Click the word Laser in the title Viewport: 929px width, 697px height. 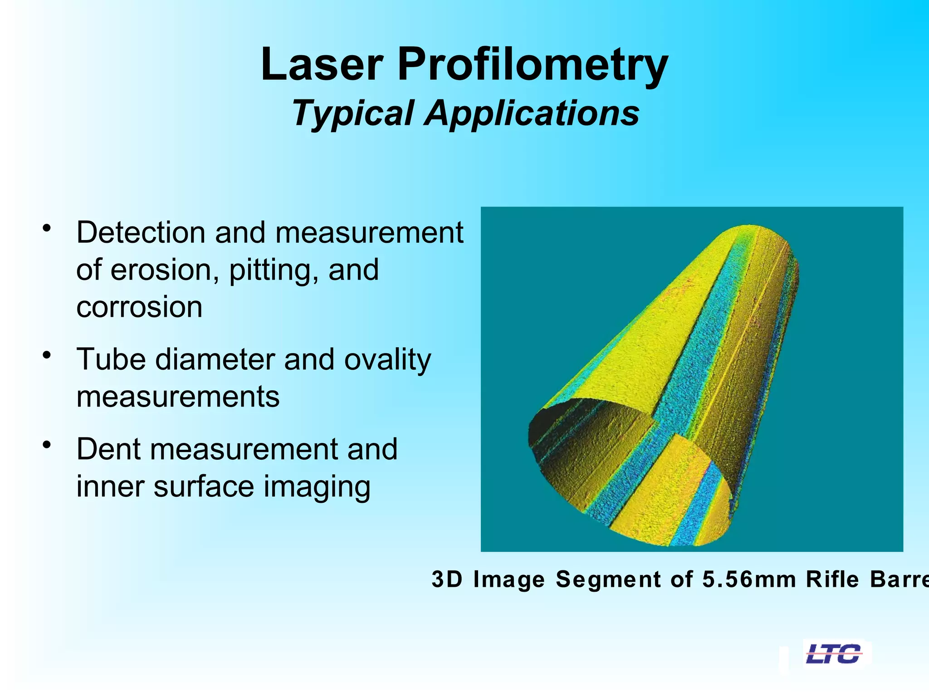tap(322, 64)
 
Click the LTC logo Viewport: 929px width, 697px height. tap(834, 654)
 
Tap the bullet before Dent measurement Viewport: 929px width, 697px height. tap(46, 444)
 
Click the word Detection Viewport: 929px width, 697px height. tap(141, 232)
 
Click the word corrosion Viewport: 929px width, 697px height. tap(139, 307)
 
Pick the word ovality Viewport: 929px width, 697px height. tap(387, 360)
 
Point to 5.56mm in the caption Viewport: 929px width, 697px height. tap(749, 579)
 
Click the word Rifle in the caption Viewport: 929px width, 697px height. tap(832, 579)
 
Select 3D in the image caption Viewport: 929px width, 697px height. tap(447, 579)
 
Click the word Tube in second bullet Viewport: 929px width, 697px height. tap(111, 359)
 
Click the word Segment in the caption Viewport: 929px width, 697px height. tap(608, 580)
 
